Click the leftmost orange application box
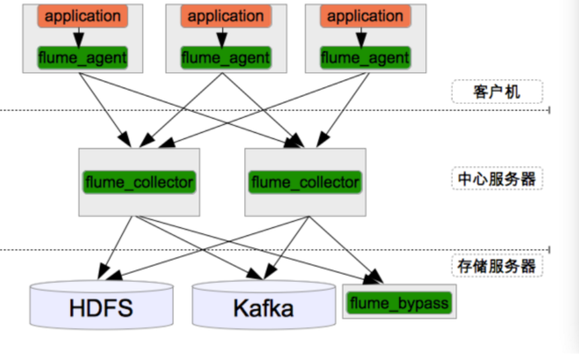83,17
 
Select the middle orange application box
226,17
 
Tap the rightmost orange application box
365,17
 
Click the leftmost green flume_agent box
83,57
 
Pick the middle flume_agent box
226,57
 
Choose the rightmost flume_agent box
365,57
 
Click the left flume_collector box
139,182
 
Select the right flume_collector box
305,182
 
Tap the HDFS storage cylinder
101,307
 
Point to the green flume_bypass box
399,303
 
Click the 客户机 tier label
497,92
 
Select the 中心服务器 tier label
497,179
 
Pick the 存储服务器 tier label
497,266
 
